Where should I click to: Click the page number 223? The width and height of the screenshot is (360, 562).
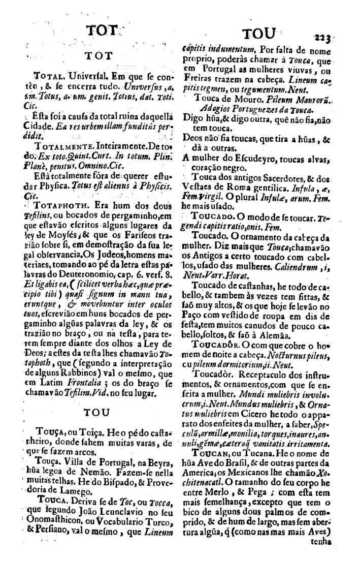tap(323, 37)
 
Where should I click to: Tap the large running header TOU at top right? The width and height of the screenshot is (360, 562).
tap(259, 35)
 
